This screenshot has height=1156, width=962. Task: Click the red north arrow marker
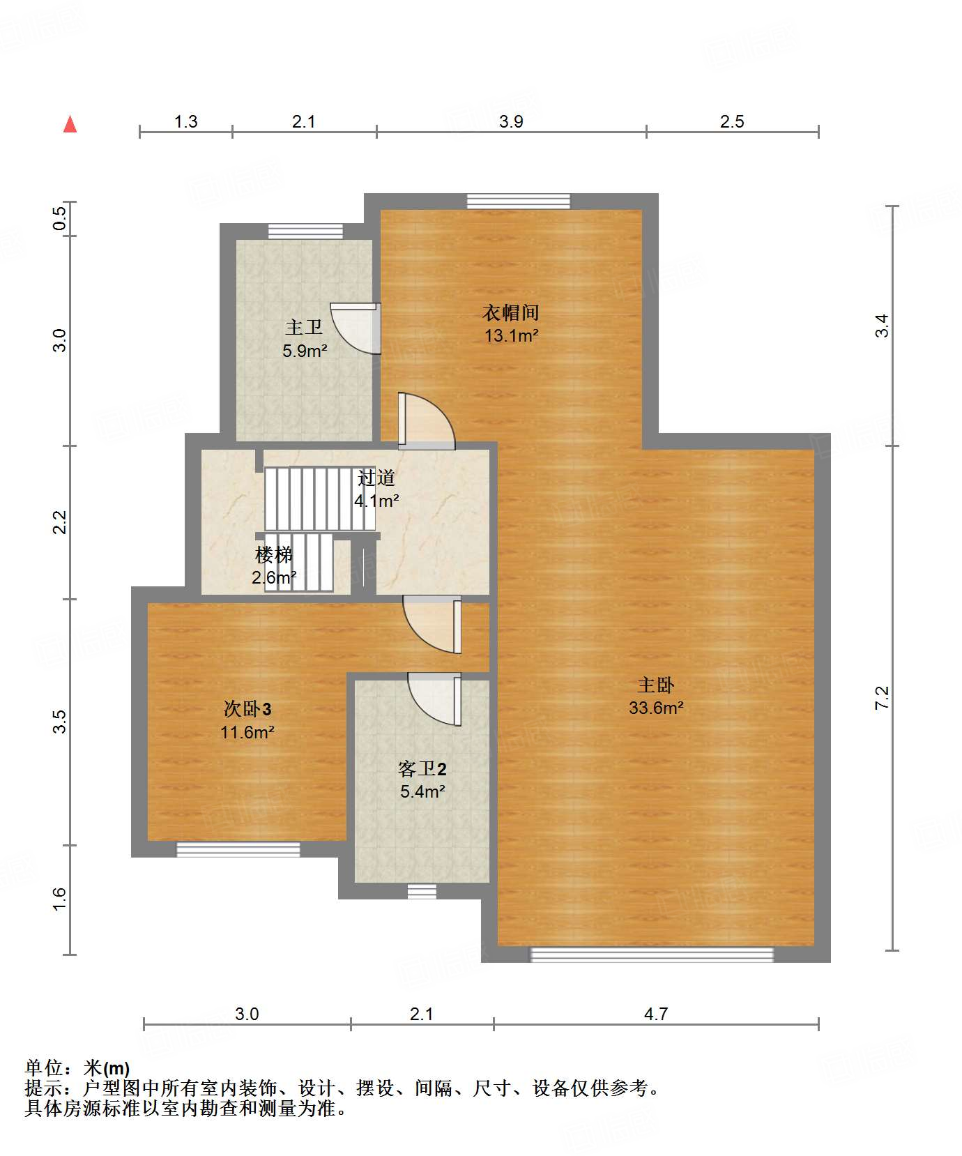coord(70,125)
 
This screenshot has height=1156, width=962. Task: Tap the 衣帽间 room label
coord(511,312)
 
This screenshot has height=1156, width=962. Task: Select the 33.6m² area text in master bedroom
coord(655,708)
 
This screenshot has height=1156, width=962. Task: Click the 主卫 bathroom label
coord(304,327)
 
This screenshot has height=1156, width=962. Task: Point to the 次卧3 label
coord(247,709)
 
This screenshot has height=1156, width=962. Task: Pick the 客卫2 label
coord(422,769)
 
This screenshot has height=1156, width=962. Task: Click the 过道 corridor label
coord(376,478)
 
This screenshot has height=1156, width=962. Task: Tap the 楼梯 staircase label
coord(273,556)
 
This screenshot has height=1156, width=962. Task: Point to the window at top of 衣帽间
coord(518,201)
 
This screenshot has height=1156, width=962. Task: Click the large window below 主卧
coord(652,955)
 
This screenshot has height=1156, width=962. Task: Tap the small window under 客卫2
coord(422,891)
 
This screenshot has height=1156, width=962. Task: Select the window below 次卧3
coord(238,849)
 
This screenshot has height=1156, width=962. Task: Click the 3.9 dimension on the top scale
coord(511,122)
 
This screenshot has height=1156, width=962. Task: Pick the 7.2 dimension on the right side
coord(882,697)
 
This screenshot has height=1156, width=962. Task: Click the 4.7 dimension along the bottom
coord(655,1014)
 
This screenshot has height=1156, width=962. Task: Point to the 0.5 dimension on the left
coord(60,219)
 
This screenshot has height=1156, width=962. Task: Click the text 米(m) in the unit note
coord(107,1068)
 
